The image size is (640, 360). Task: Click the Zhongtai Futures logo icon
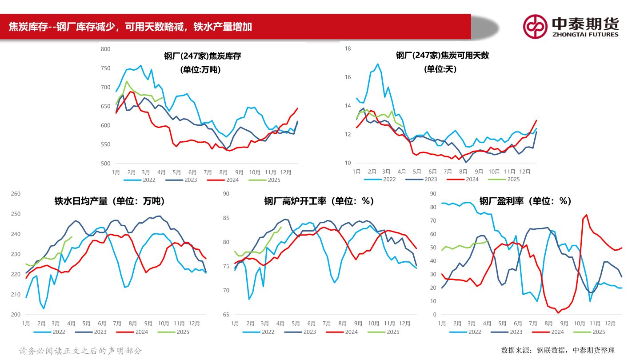[535, 27]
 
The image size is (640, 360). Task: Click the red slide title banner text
[130, 27]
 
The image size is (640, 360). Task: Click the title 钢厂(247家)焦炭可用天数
[442, 56]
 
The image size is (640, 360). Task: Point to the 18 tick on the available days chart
[348, 48]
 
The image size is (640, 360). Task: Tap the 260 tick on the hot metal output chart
[16, 194]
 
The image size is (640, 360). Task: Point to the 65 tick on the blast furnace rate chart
[226, 315]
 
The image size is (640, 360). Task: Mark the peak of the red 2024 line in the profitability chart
[586, 215]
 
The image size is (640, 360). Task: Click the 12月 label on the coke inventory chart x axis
[286, 172]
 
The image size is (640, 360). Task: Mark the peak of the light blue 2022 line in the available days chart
[378, 64]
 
